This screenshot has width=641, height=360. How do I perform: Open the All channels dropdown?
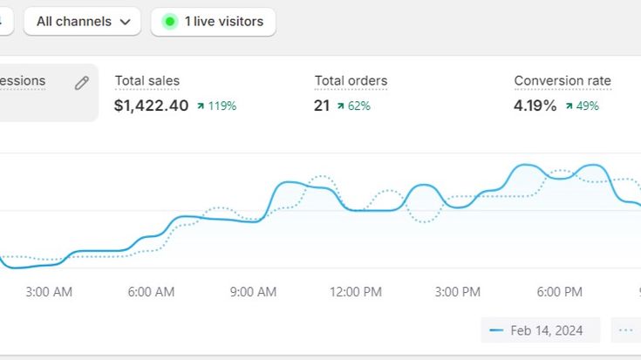click(x=82, y=22)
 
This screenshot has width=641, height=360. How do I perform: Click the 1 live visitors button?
click(x=214, y=22)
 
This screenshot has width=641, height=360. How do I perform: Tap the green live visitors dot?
click(x=170, y=22)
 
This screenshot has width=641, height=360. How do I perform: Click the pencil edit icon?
click(x=81, y=83)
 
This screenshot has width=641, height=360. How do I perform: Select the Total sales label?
click(x=147, y=81)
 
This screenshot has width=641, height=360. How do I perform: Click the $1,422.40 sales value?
click(x=151, y=105)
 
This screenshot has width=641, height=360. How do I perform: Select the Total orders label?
click(x=351, y=81)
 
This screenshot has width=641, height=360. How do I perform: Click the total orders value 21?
click(x=322, y=105)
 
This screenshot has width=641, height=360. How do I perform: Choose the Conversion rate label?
click(x=562, y=81)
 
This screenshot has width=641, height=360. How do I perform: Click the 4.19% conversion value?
click(x=535, y=105)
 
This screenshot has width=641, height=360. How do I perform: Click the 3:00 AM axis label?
click(x=49, y=292)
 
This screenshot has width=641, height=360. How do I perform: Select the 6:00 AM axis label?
click(x=151, y=292)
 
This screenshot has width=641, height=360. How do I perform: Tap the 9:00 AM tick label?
click(x=253, y=292)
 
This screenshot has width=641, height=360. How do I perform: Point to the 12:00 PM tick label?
click(x=356, y=292)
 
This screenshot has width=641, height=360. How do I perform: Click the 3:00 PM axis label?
click(x=458, y=292)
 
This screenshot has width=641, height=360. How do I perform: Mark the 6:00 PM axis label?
click(x=559, y=292)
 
